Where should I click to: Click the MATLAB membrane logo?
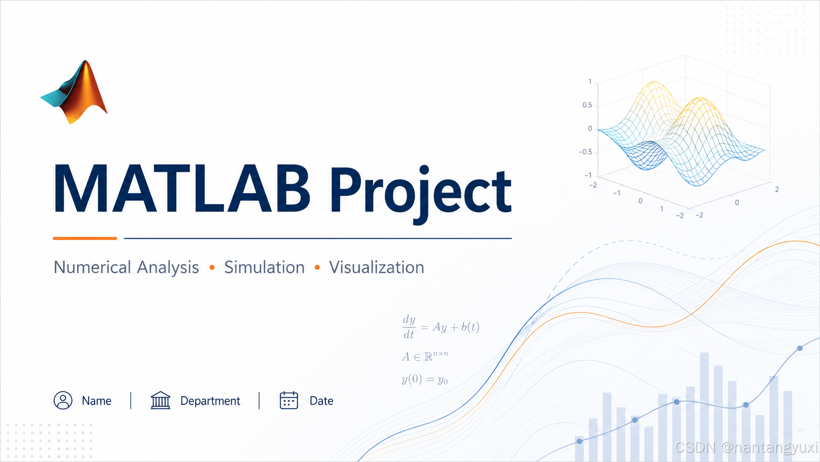pyautogui.click(x=75, y=92)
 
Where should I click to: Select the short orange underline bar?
pyautogui.click(x=85, y=238)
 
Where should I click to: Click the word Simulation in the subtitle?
pyautogui.click(x=264, y=267)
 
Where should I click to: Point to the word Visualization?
pyautogui.click(x=376, y=267)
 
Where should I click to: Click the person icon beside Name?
pyautogui.click(x=63, y=400)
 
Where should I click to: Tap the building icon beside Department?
pyautogui.click(x=160, y=400)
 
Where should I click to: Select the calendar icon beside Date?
pyautogui.click(x=289, y=400)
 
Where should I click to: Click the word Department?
pyautogui.click(x=210, y=401)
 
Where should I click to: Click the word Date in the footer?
pyautogui.click(x=321, y=401)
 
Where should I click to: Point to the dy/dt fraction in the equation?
pyautogui.click(x=409, y=327)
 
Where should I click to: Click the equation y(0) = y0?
pyautogui.click(x=425, y=379)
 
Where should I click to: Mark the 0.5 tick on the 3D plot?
pyautogui.click(x=587, y=105)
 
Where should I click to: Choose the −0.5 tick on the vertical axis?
pyautogui.click(x=586, y=152)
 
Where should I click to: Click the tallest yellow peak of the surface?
pyautogui.click(x=655, y=83)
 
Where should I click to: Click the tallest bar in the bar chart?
pyautogui.click(x=704, y=407)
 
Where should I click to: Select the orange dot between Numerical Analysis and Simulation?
pyautogui.click(x=212, y=268)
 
